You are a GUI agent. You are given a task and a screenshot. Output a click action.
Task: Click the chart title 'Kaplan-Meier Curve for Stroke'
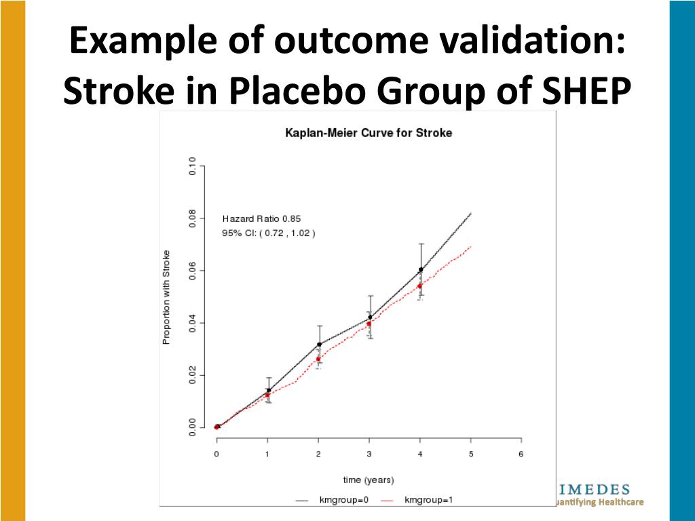pyautogui.click(x=369, y=133)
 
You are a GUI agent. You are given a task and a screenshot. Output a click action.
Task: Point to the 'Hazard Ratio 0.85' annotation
pyautogui.click(x=261, y=218)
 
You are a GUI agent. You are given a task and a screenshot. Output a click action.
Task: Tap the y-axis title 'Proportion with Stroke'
pyautogui.click(x=166, y=297)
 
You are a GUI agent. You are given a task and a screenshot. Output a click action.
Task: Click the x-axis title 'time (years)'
pyautogui.click(x=369, y=480)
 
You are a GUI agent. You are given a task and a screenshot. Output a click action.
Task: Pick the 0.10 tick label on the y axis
pyautogui.click(x=192, y=166)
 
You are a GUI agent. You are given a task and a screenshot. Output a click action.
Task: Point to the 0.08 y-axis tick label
pyautogui.click(x=192, y=218)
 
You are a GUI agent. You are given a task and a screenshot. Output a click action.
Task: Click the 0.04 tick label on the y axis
pyautogui.click(x=192, y=323)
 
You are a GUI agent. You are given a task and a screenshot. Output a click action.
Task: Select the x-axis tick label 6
pyautogui.click(x=521, y=453)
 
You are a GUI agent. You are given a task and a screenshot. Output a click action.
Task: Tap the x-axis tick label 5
pyautogui.click(x=470, y=453)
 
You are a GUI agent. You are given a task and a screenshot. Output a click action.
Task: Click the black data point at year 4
pyautogui.click(x=421, y=269)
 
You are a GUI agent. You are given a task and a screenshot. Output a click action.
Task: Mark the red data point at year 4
pyautogui.click(x=419, y=286)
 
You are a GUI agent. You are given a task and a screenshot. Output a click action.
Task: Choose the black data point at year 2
pyautogui.click(x=319, y=345)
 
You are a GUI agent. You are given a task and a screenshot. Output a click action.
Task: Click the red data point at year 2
pyautogui.click(x=318, y=359)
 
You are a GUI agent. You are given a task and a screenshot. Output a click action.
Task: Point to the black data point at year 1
pyautogui.click(x=268, y=390)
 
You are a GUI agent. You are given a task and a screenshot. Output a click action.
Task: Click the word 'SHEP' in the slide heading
pyautogui.click(x=590, y=91)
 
